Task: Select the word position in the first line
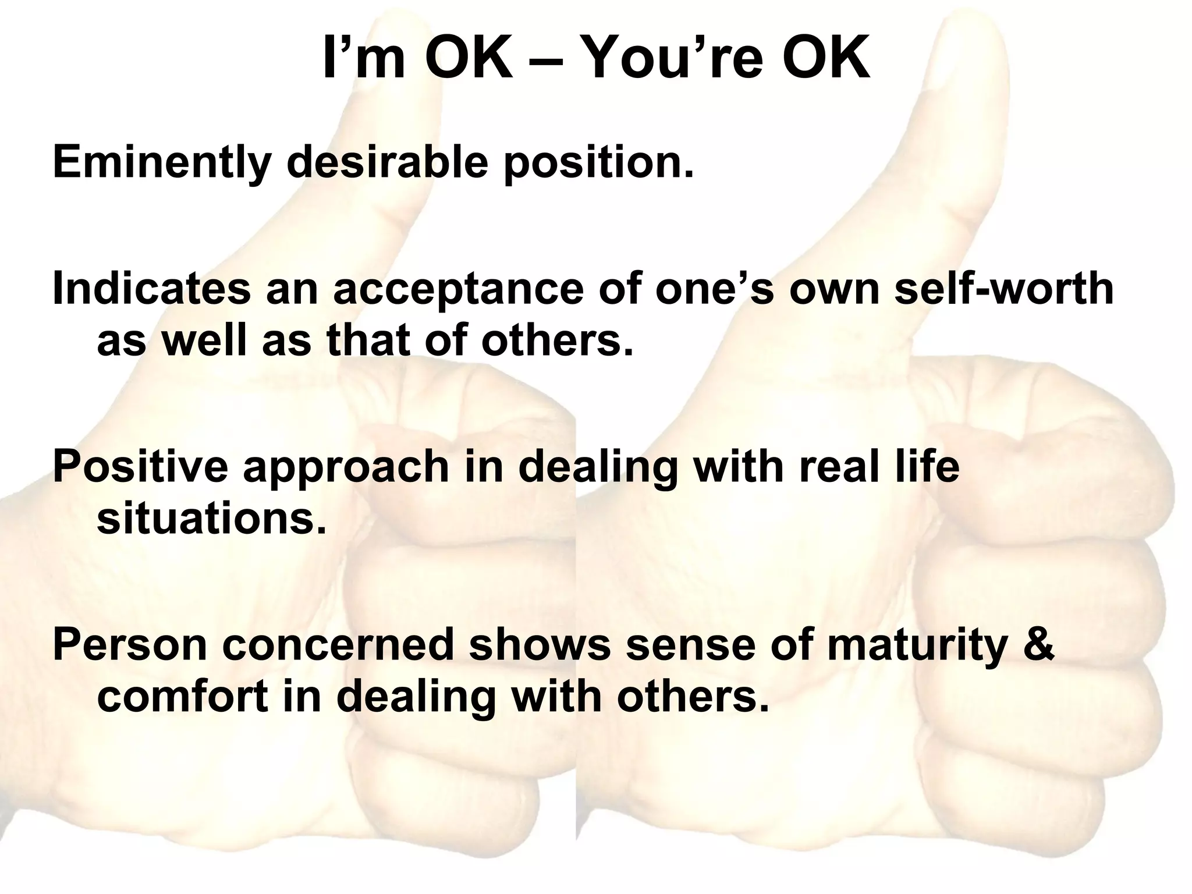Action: point(598,163)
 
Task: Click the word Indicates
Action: point(151,289)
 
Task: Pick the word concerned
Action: point(338,645)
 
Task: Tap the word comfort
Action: point(182,697)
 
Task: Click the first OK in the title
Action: point(469,60)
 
